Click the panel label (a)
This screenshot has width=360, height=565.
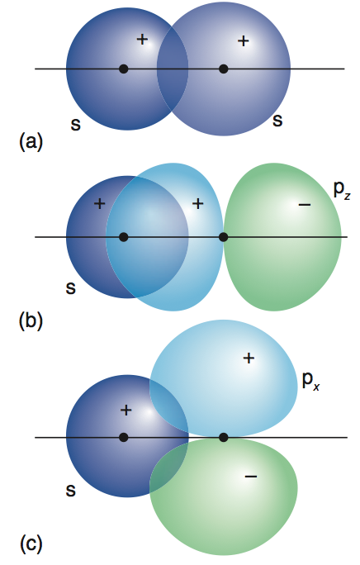(31, 141)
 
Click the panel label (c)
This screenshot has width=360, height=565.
(31, 544)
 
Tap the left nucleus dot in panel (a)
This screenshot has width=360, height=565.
(124, 69)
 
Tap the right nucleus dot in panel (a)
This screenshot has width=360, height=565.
(224, 69)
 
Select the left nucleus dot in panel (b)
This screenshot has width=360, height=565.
(124, 237)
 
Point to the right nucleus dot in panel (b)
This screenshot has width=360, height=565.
(224, 237)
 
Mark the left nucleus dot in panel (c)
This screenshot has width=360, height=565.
(124, 438)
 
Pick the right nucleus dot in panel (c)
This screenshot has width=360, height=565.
(224, 438)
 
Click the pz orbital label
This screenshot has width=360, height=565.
(342, 189)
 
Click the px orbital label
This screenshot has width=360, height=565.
(310, 381)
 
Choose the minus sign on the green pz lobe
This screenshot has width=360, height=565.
(305, 205)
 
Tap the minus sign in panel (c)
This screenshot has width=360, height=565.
(251, 477)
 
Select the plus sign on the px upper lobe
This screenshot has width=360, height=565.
(249, 358)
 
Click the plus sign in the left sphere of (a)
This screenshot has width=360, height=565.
(143, 40)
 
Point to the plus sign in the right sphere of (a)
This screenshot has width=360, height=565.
(244, 41)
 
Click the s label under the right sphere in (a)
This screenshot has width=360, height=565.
(277, 120)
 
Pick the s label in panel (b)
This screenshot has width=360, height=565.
(71, 288)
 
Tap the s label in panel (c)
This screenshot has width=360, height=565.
(71, 491)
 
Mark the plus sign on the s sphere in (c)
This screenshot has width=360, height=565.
(126, 410)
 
